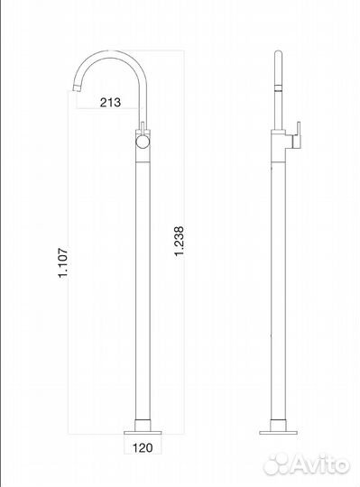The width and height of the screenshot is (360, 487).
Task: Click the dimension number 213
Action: point(109,102)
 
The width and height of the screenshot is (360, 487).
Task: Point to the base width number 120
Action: point(142,445)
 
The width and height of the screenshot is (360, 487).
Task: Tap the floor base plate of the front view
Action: point(142,425)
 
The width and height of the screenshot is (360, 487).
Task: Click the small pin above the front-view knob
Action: point(141,125)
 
